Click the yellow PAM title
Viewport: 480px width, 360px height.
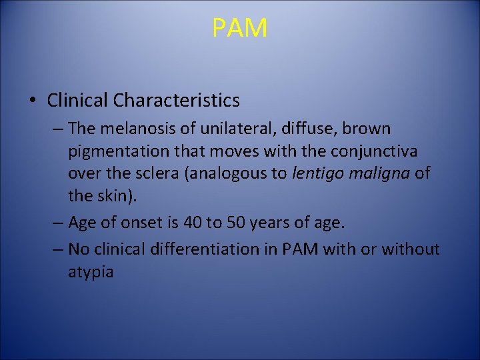click(240, 28)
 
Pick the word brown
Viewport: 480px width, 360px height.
click(367, 128)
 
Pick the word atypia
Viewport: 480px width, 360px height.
click(91, 273)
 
